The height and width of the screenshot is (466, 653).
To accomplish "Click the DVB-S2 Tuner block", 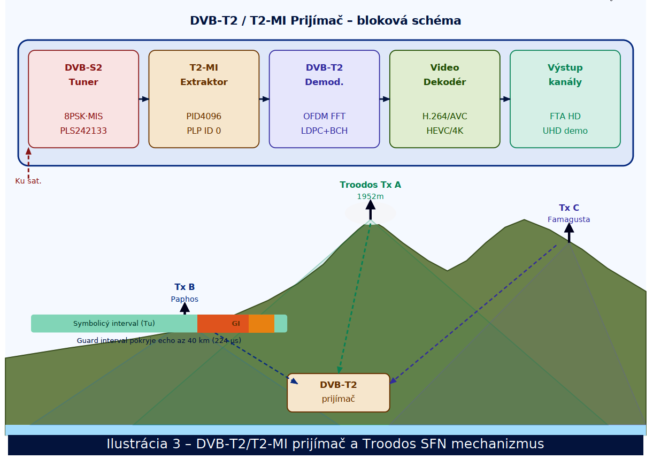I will click(83, 99).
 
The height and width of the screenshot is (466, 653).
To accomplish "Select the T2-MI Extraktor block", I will click(204, 99).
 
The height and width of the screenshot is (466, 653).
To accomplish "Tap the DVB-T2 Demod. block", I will click(324, 99).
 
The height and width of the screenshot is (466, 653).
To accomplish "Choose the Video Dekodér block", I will click(444, 99).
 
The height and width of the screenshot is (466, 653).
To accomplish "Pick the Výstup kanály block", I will click(565, 99).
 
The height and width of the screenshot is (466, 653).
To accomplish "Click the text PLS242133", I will click(83, 131).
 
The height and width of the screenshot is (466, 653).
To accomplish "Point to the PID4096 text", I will click(204, 116).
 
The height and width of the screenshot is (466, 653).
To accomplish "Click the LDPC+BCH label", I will click(324, 131).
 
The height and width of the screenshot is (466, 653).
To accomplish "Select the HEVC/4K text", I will click(444, 131).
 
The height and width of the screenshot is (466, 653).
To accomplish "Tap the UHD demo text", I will click(565, 131).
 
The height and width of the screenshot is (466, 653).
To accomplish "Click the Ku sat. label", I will click(28, 181).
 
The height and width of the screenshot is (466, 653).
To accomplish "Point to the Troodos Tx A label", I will click(370, 185).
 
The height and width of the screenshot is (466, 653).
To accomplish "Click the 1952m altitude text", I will click(370, 196).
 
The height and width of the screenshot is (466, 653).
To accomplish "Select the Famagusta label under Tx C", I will click(569, 219).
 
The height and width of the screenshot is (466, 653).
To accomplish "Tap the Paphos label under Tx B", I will click(185, 299).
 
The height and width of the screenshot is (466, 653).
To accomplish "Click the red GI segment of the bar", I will click(223, 324).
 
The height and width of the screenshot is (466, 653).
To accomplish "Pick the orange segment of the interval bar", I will click(262, 324).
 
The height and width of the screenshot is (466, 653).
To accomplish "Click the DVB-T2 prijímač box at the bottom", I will click(338, 393).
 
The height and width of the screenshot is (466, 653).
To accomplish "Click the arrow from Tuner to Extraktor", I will click(144, 99).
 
